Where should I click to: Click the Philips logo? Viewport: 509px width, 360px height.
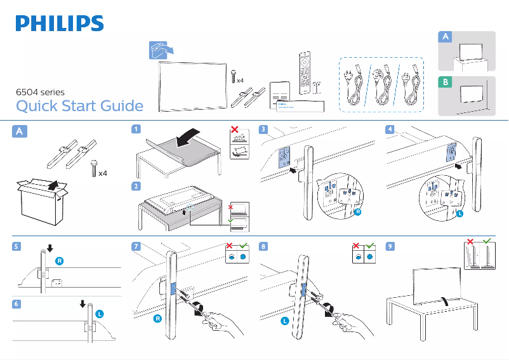click(60, 23)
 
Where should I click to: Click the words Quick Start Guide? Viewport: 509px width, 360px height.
click(79, 106)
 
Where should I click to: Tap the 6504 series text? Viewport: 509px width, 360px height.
click(40, 92)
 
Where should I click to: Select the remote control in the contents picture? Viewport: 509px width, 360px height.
click(305, 73)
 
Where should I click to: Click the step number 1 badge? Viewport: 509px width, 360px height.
click(136, 129)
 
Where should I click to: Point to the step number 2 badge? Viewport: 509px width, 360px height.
click(136, 186)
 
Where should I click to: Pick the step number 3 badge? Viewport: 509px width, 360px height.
click(263, 129)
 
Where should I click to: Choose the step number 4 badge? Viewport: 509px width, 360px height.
click(390, 129)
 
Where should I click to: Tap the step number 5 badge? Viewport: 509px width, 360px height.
click(17, 246)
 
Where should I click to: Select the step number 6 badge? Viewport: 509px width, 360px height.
click(17, 304)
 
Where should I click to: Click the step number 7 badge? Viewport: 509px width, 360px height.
click(136, 246)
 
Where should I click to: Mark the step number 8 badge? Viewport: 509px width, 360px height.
click(263, 246)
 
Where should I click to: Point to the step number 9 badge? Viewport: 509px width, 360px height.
click(390, 246)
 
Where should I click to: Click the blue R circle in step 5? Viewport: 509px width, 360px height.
click(60, 261)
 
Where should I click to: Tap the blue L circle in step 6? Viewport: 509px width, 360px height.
click(100, 314)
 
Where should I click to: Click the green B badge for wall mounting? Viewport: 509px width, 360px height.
click(446, 82)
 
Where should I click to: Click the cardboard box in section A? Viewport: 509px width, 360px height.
click(42, 202)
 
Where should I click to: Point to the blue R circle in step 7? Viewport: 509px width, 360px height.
click(157, 319)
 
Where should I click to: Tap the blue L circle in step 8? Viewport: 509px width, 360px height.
click(285, 321)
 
